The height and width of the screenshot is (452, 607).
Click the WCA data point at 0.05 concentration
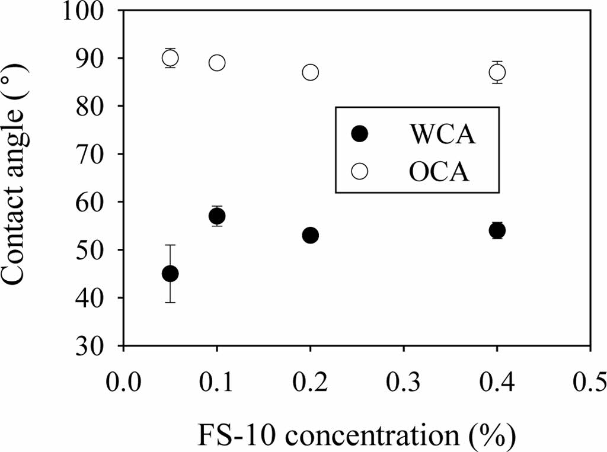coord(170,273)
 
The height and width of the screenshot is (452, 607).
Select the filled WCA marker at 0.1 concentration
coord(217,216)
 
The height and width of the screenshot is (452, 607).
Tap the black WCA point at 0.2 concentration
coord(310,235)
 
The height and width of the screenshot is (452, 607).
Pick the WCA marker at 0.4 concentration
coord(497,230)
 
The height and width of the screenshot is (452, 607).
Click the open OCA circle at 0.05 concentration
coord(170,57)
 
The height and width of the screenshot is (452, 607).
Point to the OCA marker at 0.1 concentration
coord(217,63)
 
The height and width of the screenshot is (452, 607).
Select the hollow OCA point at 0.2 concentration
coord(310,72)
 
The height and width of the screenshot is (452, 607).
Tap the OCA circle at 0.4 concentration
coord(497,72)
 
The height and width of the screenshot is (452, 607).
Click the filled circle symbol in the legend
coord(359,134)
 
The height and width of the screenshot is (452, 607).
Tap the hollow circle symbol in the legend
coord(359,171)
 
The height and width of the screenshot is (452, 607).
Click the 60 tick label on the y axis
coord(98,202)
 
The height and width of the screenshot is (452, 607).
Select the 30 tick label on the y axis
coord(98,346)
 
